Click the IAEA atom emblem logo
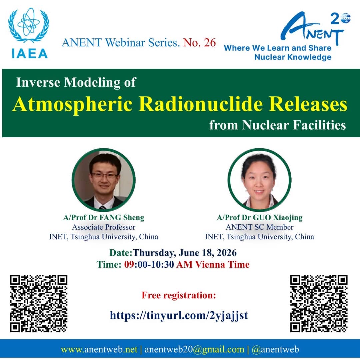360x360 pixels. [29, 25]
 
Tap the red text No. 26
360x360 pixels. [200, 42]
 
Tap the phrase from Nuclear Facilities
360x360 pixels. [278, 125]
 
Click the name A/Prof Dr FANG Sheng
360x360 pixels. [104, 217]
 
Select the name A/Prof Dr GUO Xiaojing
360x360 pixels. [260, 217]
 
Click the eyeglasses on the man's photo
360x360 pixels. [104, 176]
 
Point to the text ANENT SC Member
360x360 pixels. [260, 227]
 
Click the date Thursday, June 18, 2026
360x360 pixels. [185, 253]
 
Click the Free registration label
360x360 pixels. [179, 295]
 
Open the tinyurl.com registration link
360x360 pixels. [179, 315]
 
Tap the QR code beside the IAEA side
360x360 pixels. [39, 303]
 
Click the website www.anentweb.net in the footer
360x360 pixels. [99, 349]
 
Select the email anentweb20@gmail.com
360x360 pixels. [194, 349]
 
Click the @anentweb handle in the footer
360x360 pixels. [275, 349]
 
